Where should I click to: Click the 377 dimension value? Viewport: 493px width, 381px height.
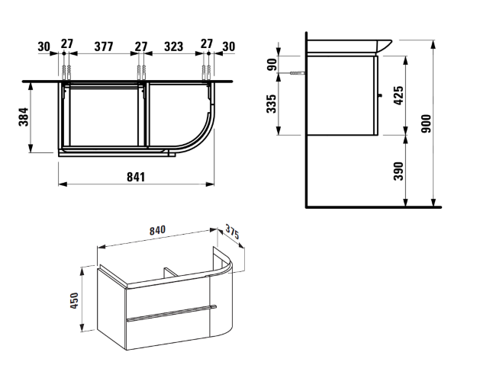104,46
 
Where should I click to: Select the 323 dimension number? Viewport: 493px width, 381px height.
174,46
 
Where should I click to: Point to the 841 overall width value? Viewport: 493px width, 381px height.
135,176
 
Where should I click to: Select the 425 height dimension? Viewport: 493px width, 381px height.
397,94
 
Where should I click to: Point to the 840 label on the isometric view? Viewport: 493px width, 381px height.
158,231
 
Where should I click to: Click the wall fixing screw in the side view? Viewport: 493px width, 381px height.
297,73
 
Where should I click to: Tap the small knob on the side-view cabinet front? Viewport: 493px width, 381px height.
381,95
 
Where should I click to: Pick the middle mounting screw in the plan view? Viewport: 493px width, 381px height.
140,72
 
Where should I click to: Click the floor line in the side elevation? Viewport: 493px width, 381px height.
374,207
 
